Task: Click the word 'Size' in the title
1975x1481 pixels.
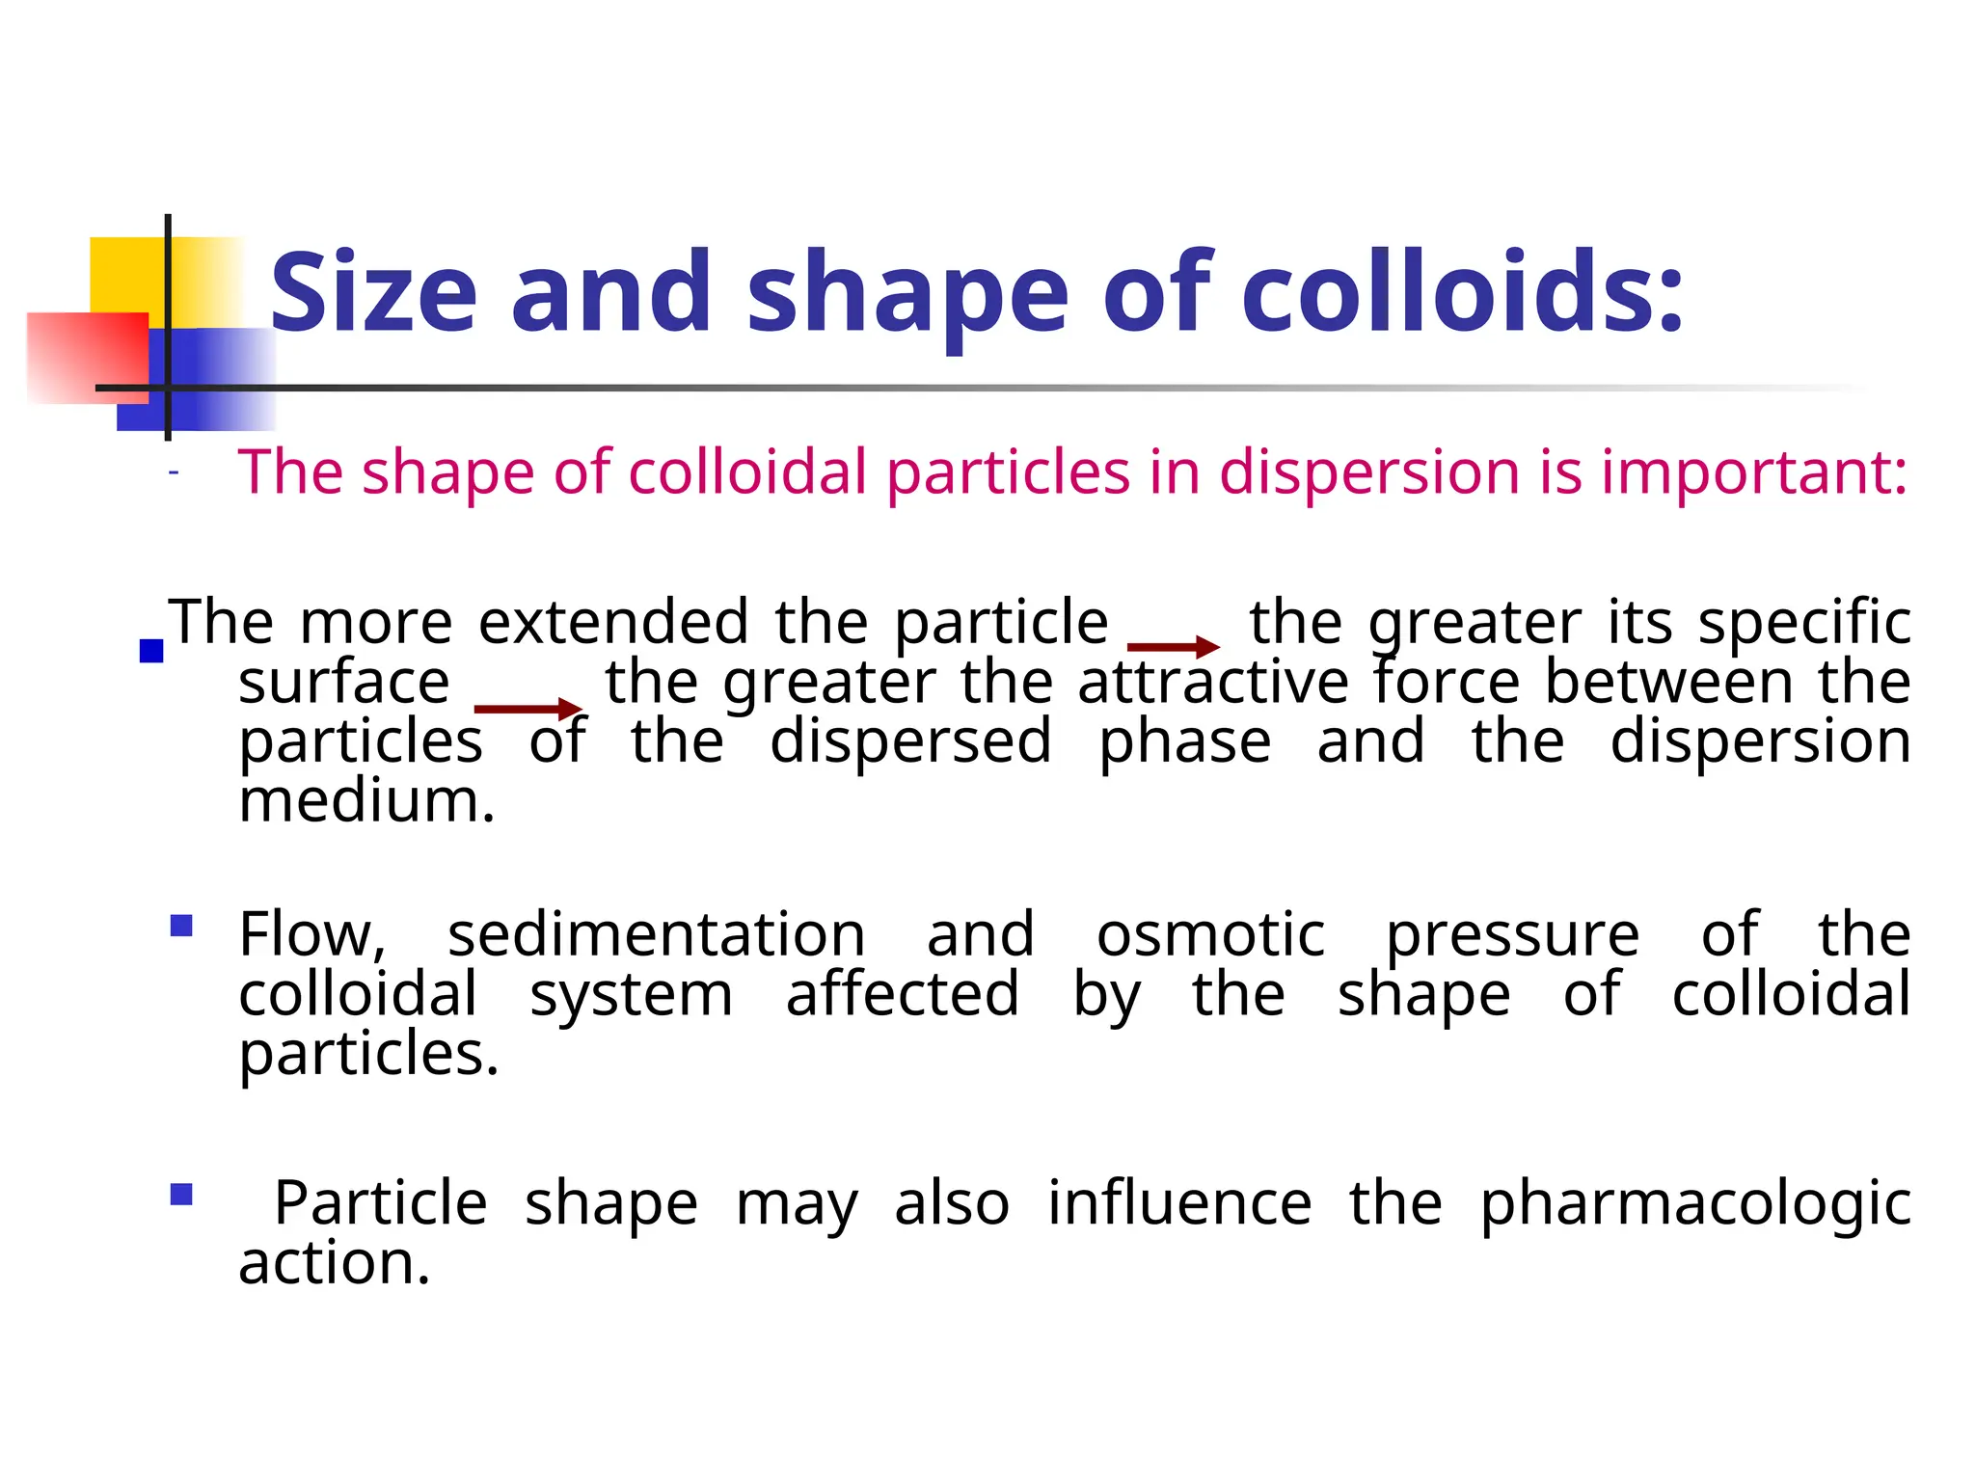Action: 373,292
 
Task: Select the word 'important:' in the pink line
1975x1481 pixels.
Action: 1754,471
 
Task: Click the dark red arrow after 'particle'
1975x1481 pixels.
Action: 1173,647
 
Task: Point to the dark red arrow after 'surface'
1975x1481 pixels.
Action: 528,710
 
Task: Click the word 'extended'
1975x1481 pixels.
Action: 613,622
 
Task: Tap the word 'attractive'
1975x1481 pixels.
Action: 1213,682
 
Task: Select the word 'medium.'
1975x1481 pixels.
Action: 366,800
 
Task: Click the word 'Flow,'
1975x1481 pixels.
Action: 312,934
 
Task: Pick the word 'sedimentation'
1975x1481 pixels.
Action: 657,934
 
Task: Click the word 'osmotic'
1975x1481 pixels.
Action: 1210,934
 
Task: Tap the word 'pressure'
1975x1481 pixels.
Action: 1512,936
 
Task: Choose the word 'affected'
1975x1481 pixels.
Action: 903,994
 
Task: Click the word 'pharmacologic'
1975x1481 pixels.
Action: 1695,1203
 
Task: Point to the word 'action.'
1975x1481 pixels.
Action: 334,1262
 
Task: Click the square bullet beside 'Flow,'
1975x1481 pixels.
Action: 181,927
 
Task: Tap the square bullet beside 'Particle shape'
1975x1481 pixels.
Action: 181,1196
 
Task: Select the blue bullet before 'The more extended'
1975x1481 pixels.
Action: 151,652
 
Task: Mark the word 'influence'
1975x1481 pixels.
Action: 1179,1202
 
